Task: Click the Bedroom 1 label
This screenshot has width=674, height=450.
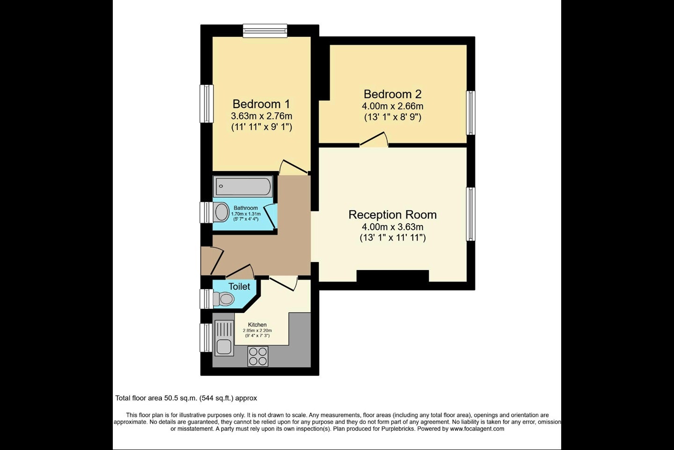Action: click(x=261, y=104)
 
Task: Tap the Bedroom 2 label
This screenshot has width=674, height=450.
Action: click(x=393, y=94)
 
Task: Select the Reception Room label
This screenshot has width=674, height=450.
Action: click(x=393, y=215)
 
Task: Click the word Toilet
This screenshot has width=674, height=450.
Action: click(x=239, y=286)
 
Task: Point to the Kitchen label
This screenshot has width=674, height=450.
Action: click(x=257, y=325)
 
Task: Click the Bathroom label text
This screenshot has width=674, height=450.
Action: click(x=246, y=208)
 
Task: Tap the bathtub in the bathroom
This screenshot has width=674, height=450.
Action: click(x=243, y=186)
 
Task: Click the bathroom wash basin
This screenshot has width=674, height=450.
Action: click(x=222, y=212)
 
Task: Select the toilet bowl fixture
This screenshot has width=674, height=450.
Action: click(x=224, y=299)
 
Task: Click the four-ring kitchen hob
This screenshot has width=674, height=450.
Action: click(x=258, y=356)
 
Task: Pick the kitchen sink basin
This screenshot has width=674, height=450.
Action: click(x=224, y=347)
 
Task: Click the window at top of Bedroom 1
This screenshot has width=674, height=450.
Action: click(x=265, y=31)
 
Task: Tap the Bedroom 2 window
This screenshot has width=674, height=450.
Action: click(x=471, y=112)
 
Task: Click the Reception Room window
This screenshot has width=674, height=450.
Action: click(x=471, y=214)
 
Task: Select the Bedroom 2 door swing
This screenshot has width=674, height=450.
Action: click(x=374, y=140)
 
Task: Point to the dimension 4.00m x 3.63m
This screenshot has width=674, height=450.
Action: click(x=393, y=227)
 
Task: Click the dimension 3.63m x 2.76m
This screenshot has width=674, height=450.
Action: click(x=262, y=116)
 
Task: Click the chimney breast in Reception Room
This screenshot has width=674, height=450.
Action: click(x=393, y=276)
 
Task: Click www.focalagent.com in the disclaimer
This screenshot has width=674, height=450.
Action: click(x=477, y=428)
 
